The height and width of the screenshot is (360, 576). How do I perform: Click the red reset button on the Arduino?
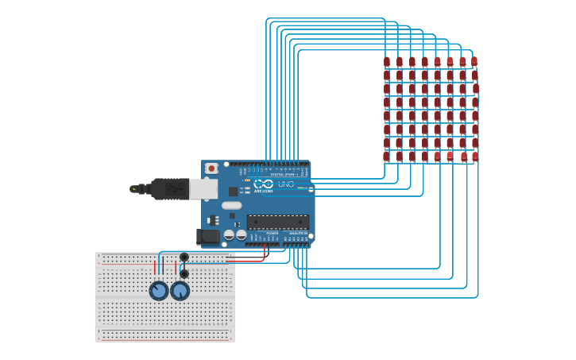[x=211, y=168]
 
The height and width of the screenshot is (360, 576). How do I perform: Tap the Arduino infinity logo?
[x=264, y=184]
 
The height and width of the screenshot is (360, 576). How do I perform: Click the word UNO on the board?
[x=285, y=184]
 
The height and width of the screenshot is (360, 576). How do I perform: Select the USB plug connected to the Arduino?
[x=163, y=189]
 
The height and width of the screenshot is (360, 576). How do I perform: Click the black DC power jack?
[x=208, y=236]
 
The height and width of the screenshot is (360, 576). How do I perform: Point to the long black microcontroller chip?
[x=277, y=222]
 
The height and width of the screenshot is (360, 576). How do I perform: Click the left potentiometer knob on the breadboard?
[x=159, y=291]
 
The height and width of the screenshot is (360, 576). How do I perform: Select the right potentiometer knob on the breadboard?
[x=180, y=291]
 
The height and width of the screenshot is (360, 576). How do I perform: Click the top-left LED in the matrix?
[x=387, y=62]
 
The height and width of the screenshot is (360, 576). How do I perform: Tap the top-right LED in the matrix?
[x=474, y=61]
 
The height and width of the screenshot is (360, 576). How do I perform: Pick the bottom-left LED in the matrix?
[x=386, y=157]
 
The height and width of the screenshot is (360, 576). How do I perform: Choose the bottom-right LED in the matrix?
[x=475, y=157]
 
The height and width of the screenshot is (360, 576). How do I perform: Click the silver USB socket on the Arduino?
[x=203, y=188]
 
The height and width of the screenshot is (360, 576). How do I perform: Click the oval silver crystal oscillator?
[x=231, y=205]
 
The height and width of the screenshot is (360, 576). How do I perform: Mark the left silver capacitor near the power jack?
[x=229, y=234]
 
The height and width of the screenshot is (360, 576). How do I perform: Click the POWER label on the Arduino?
[x=272, y=233]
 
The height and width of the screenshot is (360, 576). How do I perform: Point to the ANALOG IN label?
[x=297, y=233]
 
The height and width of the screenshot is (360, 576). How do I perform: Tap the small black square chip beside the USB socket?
[x=233, y=192]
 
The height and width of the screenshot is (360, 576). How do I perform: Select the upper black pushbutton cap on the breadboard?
[x=184, y=257]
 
